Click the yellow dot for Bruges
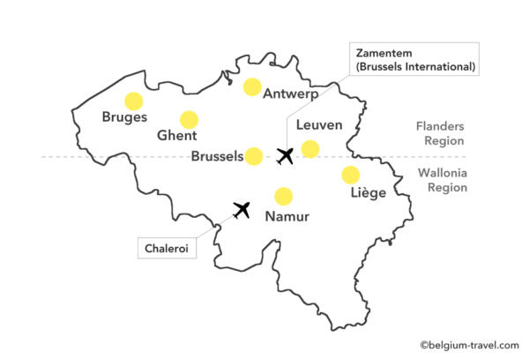coord(133,101)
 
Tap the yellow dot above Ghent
coord(189,120)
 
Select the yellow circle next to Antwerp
coord(252,86)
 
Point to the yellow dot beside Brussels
coord(254,156)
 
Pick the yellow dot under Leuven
coord(310,149)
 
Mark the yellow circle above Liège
coord(351,175)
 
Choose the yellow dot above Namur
coord(283,196)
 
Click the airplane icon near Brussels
coord(285,156)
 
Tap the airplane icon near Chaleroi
coord(242,209)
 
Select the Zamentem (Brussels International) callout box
coord(414,59)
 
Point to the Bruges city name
coord(124,117)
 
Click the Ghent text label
coord(177,137)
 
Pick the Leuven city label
coord(319,125)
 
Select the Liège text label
coord(361,193)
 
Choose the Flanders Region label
coord(441,132)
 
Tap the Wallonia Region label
coord(442,180)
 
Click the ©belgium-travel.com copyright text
coord(469,345)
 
